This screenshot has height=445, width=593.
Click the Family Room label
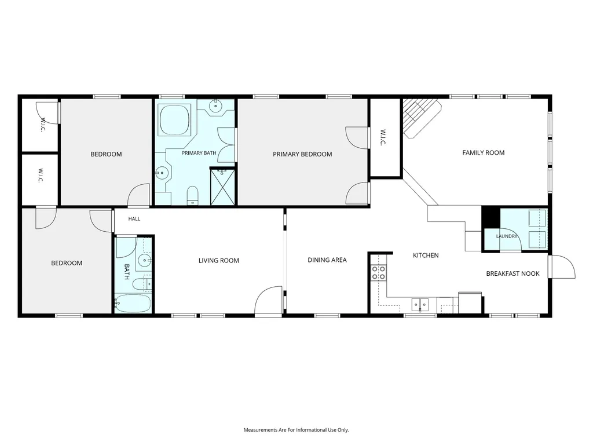(x=484, y=152)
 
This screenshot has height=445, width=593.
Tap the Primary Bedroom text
(x=302, y=154)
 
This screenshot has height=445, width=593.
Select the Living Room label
(x=218, y=260)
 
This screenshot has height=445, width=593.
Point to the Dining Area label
(x=327, y=260)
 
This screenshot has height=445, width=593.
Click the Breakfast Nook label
(x=513, y=273)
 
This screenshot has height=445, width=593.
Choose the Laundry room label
(x=506, y=236)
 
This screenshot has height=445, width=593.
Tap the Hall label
(x=134, y=218)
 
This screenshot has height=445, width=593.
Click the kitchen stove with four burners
(x=379, y=273)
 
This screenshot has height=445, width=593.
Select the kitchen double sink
(x=420, y=304)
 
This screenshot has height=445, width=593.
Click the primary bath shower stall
(x=222, y=187)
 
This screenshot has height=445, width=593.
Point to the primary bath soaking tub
(x=174, y=119)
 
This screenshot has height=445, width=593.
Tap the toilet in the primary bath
(x=192, y=195)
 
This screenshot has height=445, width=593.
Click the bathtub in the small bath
(x=133, y=304)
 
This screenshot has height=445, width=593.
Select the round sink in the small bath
(x=144, y=260)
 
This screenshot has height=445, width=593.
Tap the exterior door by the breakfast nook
(x=562, y=267)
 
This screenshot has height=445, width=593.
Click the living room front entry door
(x=269, y=301)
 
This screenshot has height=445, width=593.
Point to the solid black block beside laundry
(x=491, y=218)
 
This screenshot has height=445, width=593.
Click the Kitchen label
(x=426, y=256)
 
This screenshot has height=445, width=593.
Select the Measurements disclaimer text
(x=296, y=430)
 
